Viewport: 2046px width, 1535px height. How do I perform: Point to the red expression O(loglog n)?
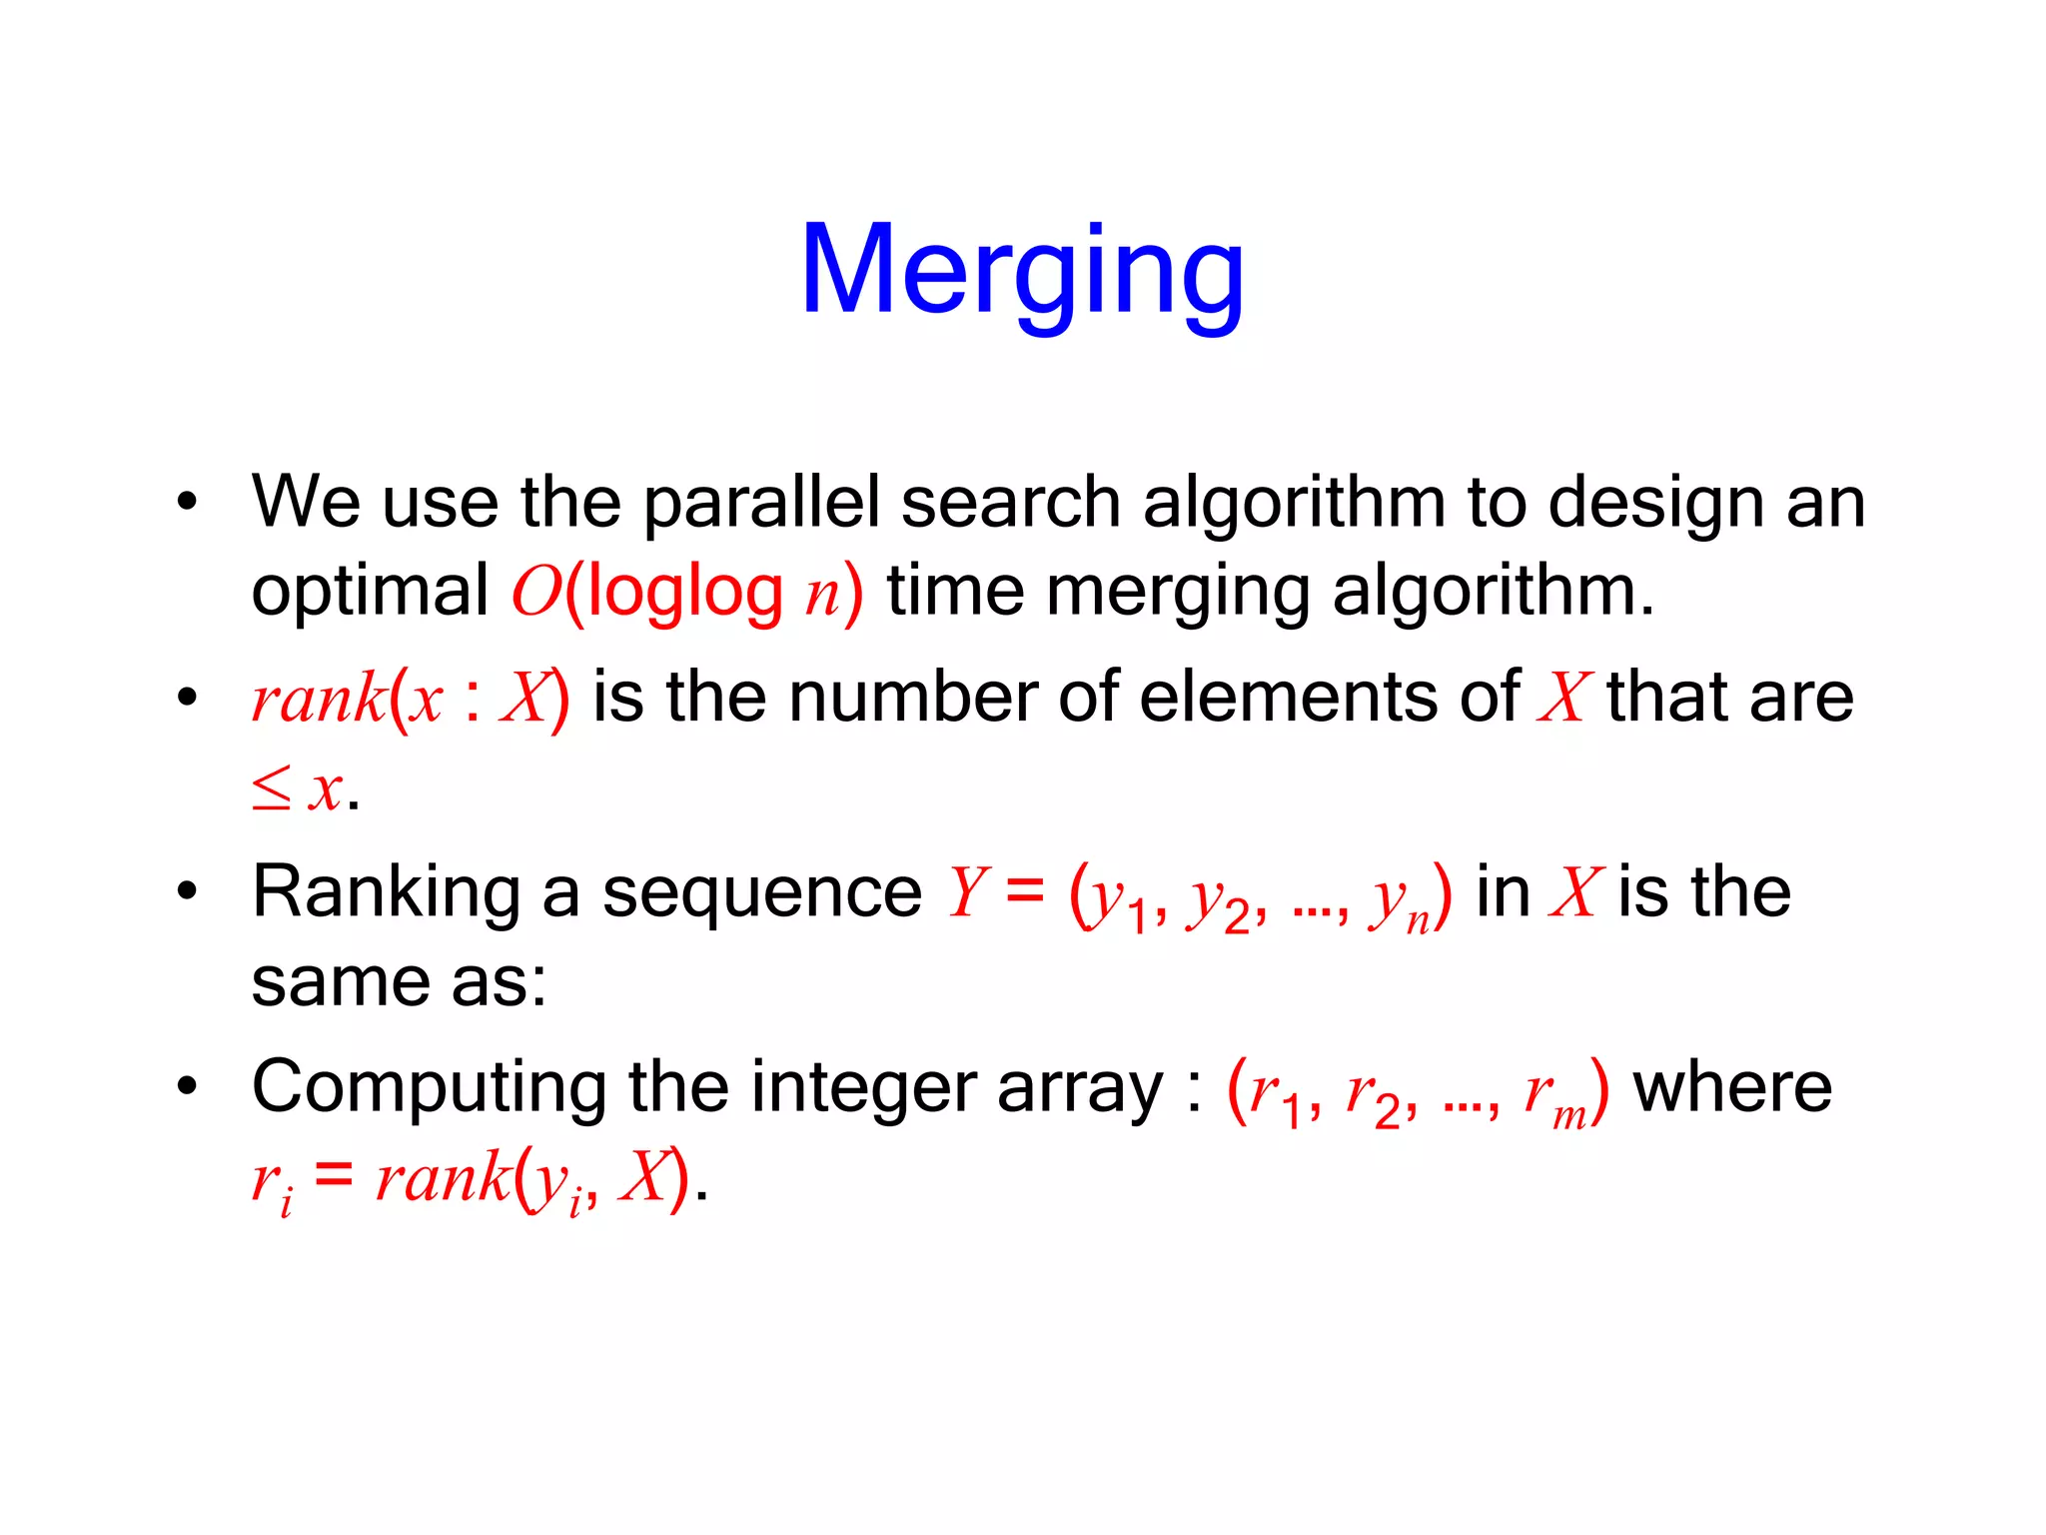pos(686,593)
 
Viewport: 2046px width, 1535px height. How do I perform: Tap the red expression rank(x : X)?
pos(411,699)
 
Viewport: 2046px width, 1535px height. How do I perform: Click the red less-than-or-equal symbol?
pos(271,789)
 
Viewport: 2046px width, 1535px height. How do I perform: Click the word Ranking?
pos(387,892)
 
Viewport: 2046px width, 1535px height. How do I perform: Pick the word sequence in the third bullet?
pos(761,892)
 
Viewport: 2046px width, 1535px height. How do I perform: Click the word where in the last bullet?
pos(1732,1087)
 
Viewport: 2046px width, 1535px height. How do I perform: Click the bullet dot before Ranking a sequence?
pos(187,891)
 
